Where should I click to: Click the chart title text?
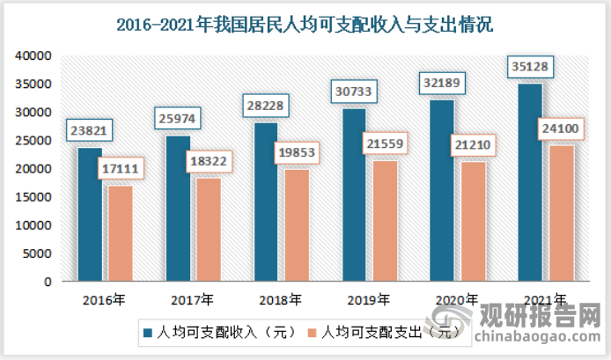(x=305, y=25)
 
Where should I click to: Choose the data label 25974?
(x=179, y=119)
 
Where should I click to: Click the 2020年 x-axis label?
(x=457, y=298)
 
